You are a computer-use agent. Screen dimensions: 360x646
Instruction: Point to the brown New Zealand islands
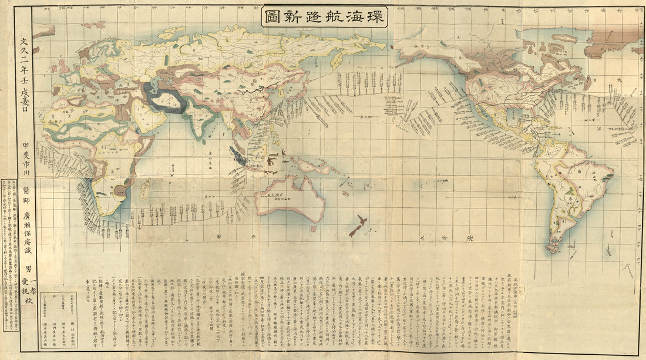tap(358, 226)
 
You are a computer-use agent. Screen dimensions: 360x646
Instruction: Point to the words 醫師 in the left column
tap(25, 190)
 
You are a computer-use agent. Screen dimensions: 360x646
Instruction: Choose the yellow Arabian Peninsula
tap(144, 115)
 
